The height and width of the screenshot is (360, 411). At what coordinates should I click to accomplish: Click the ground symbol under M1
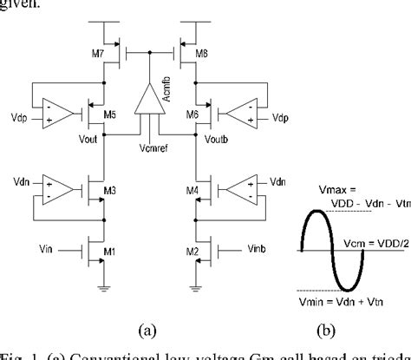pyautogui.click(x=101, y=291)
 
